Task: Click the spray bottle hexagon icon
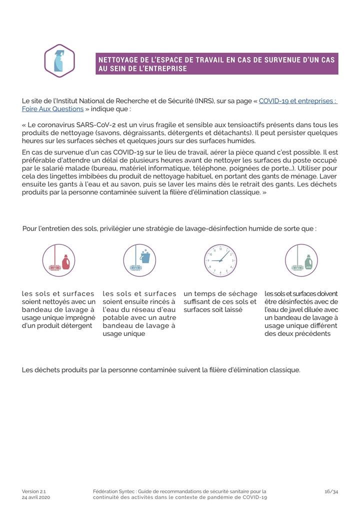[x=59, y=61]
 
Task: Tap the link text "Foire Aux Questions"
[x=52, y=109]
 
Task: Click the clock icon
[x=220, y=260]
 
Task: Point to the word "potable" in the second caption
[x=116, y=317]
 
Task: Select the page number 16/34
[x=331, y=491]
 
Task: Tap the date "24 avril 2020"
[x=36, y=497]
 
